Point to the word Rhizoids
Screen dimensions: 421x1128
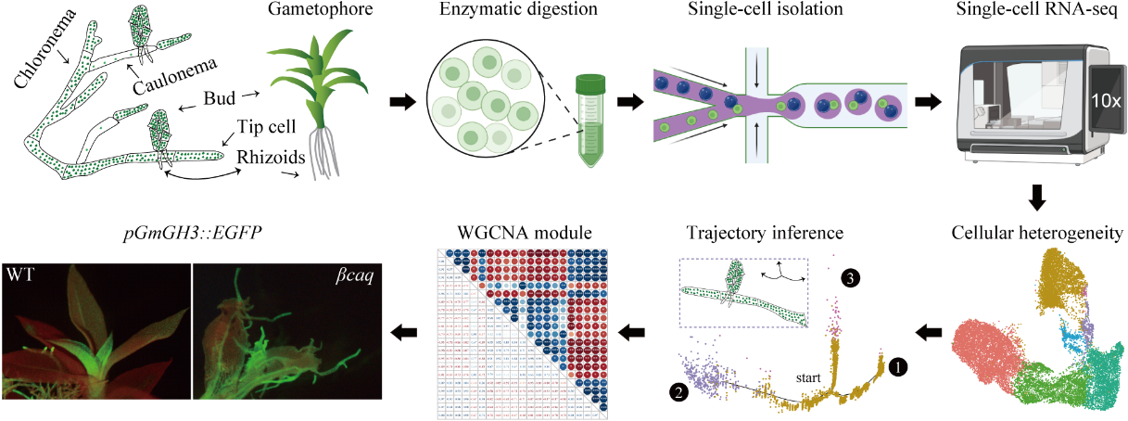[270, 159]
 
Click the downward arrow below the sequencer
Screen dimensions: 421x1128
[1037, 197]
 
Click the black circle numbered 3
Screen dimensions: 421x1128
[850, 277]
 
